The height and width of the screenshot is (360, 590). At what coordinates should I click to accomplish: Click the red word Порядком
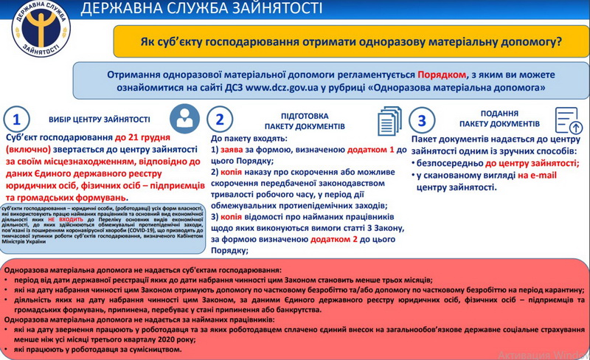pyautogui.click(x=442, y=75)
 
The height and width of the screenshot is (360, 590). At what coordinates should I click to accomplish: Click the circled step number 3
pyautogui.click(x=421, y=120)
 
